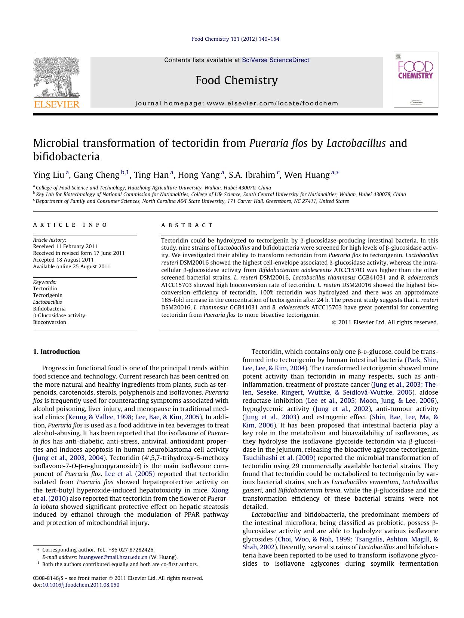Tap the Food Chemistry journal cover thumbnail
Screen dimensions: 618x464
tap(415, 80)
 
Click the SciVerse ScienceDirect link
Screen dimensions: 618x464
tap(275, 60)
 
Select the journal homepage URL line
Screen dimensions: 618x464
tap(236, 103)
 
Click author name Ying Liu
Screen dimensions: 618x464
tap(49, 175)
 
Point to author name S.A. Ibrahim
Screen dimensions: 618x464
tap(252, 175)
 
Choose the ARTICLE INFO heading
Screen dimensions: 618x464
tap(70, 225)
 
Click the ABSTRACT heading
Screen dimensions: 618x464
tap(187, 225)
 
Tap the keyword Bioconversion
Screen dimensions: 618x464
tap(49, 322)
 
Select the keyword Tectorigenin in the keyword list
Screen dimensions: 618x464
tap(48, 295)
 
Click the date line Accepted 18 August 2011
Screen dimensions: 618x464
tap(63, 260)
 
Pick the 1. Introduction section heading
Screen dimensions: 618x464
tap(56, 352)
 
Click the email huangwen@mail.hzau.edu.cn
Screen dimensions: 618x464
tap(113, 557)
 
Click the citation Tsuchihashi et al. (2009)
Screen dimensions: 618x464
tap(279, 458)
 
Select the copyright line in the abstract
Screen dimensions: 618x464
tap(385, 322)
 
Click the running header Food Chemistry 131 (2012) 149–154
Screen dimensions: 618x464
tap(235, 39)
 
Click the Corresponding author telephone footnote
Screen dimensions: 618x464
tap(98, 550)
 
